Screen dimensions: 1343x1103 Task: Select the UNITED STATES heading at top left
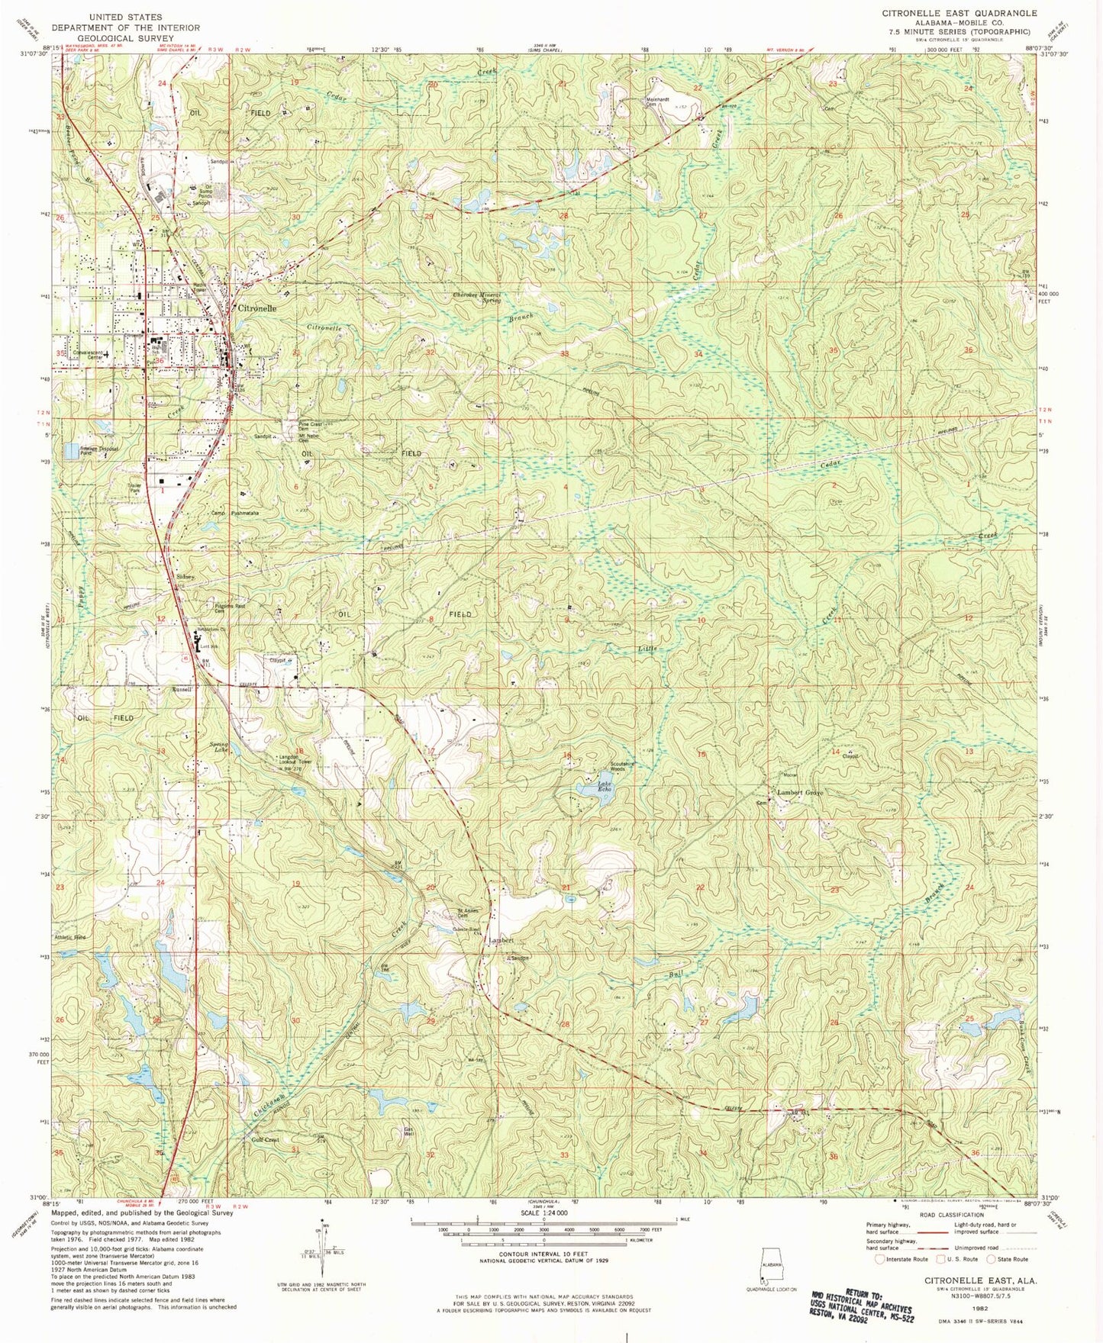pyautogui.click(x=125, y=16)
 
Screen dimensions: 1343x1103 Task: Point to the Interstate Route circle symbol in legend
pyautogui.click(x=880, y=1259)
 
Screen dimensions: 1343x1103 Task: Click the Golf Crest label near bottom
pyautogui.click(x=265, y=1140)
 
